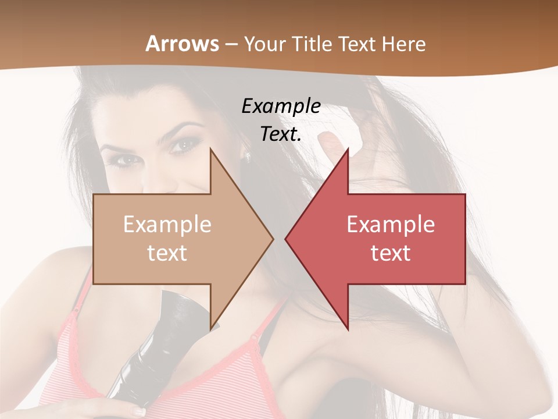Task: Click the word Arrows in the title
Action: (183, 44)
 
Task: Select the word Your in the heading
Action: (264, 44)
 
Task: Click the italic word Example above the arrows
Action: (281, 106)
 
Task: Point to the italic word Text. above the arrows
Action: (281, 134)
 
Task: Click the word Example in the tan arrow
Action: (167, 225)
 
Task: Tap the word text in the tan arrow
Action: (167, 253)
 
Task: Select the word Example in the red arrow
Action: (391, 225)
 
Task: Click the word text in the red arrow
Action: (391, 253)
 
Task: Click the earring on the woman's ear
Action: (247, 157)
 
